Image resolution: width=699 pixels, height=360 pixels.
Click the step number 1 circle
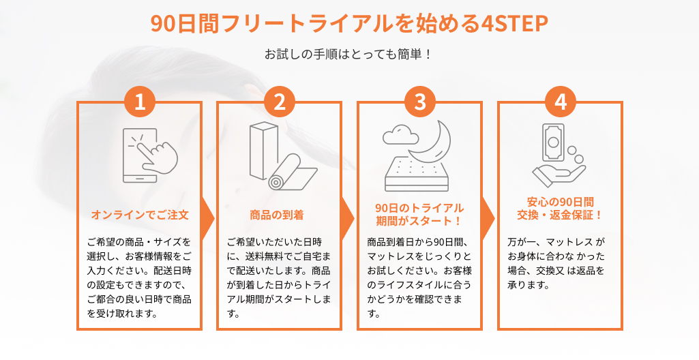click(140, 102)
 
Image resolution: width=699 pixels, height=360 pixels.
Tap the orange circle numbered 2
click(280, 102)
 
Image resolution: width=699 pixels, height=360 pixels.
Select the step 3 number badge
click(420, 102)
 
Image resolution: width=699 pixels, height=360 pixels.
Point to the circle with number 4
click(561, 102)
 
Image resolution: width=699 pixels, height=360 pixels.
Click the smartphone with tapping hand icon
click(150, 155)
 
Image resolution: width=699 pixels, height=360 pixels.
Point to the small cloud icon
click(400, 134)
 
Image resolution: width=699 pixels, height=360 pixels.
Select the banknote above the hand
click(553, 142)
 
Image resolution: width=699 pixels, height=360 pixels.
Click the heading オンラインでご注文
click(140, 215)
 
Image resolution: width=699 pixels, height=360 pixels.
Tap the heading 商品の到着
click(277, 215)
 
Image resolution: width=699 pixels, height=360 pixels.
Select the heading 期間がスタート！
click(419, 221)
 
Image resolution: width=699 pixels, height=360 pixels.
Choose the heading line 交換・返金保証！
click(560, 215)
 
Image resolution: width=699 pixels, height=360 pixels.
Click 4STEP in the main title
click(515, 24)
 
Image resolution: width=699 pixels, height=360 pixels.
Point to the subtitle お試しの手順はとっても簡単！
click(348, 55)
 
